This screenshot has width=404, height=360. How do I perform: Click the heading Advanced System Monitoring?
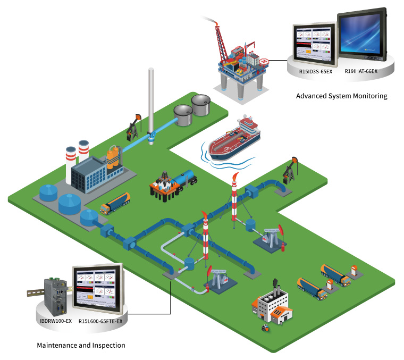341,96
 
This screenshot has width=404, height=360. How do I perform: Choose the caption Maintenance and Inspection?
81,345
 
